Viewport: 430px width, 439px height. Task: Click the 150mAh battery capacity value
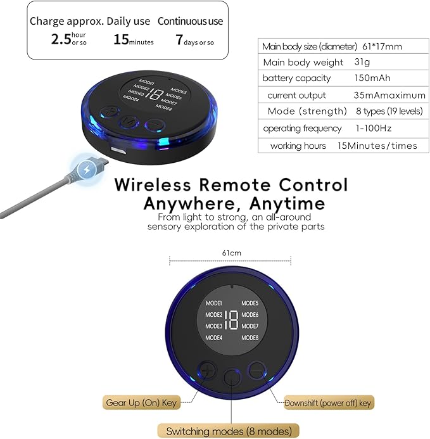point(372,78)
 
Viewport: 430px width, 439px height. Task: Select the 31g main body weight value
point(362,62)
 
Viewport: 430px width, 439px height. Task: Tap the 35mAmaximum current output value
point(389,95)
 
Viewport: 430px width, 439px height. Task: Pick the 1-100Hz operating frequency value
point(374,128)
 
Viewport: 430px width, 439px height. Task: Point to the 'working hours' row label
point(298,146)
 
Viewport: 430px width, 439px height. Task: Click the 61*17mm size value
point(382,46)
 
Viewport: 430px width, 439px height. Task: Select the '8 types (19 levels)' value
point(389,111)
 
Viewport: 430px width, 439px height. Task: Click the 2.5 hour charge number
point(61,39)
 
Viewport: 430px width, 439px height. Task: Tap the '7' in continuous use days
point(179,39)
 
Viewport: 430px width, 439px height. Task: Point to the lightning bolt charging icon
point(87,169)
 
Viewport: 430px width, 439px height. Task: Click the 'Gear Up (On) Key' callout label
point(141,403)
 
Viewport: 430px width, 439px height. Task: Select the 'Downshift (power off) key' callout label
point(328,403)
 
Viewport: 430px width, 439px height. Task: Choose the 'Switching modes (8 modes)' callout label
point(229,431)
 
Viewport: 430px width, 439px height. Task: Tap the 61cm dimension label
point(232,253)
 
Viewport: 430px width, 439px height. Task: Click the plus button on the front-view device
point(208,371)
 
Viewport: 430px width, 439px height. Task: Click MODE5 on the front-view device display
point(250,303)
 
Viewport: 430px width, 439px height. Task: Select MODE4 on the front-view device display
point(214,338)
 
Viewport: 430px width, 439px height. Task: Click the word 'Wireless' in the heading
point(153,185)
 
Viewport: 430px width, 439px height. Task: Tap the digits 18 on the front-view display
point(232,320)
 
